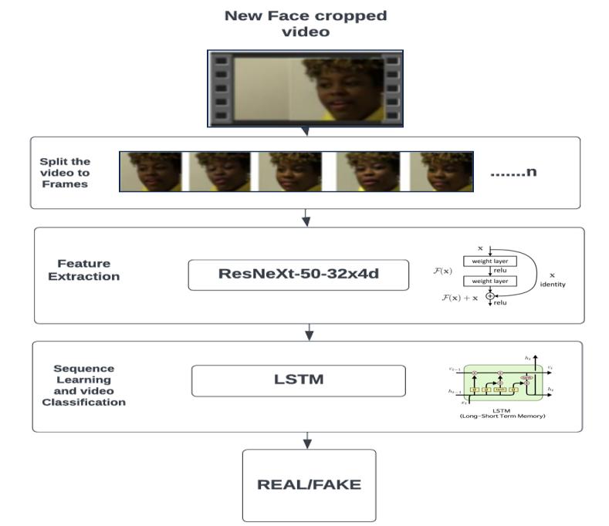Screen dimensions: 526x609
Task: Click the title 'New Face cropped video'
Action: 306,23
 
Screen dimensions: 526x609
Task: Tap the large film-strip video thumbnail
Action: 305,88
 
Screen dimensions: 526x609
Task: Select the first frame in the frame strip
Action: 151,171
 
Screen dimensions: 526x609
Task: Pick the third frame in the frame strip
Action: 290,171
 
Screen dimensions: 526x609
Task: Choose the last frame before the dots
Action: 441,171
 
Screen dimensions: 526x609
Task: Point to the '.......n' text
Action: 513,172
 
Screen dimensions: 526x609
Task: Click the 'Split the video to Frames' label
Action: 65,172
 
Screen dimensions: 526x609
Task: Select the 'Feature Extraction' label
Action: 83,270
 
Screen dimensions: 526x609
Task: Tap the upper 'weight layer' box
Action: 490,261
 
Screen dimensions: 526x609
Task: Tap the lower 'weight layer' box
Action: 490,282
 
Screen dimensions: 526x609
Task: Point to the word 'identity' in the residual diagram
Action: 553,285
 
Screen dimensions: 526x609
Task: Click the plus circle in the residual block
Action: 490,297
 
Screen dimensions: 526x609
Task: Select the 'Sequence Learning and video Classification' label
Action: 83,385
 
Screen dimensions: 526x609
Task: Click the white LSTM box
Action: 298,379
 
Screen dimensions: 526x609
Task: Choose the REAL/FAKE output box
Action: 309,485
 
